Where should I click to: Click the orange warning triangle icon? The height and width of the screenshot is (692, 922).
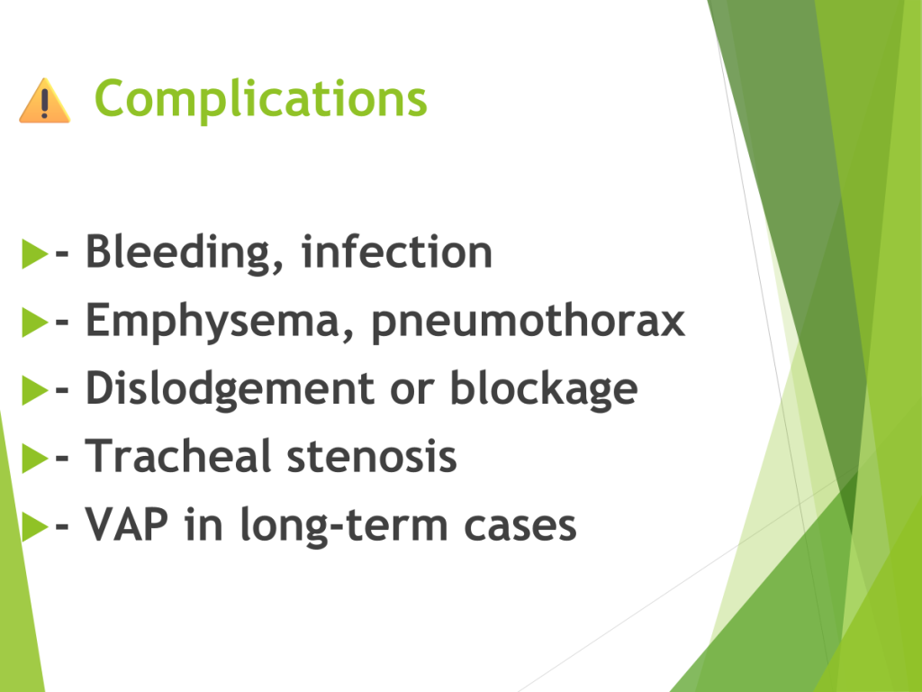point(45,101)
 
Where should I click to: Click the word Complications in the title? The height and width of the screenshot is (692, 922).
point(260,100)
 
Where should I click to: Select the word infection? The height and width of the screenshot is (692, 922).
point(397,251)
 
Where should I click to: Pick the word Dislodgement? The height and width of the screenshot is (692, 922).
point(230,390)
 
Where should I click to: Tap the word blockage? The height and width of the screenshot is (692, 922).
point(544,390)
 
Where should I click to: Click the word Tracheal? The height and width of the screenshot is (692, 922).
point(178,456)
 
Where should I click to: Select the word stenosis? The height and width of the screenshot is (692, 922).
point(372,457)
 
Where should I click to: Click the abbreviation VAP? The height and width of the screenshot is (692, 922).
point(127,524)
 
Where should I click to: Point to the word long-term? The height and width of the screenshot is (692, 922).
point(345,526)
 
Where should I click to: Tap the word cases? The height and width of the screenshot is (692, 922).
point(520,526)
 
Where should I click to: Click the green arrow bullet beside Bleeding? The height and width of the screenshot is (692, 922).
point(35,253)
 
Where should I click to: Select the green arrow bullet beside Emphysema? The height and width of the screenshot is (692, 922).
point(35,322)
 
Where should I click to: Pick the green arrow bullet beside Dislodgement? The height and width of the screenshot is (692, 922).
point(35,390)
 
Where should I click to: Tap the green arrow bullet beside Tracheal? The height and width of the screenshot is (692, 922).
point(35,459)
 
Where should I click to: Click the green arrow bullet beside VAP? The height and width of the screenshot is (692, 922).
point(35,526)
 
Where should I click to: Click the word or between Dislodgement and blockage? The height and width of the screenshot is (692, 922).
point(412,391)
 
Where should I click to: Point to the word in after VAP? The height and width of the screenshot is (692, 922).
point(204,524)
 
